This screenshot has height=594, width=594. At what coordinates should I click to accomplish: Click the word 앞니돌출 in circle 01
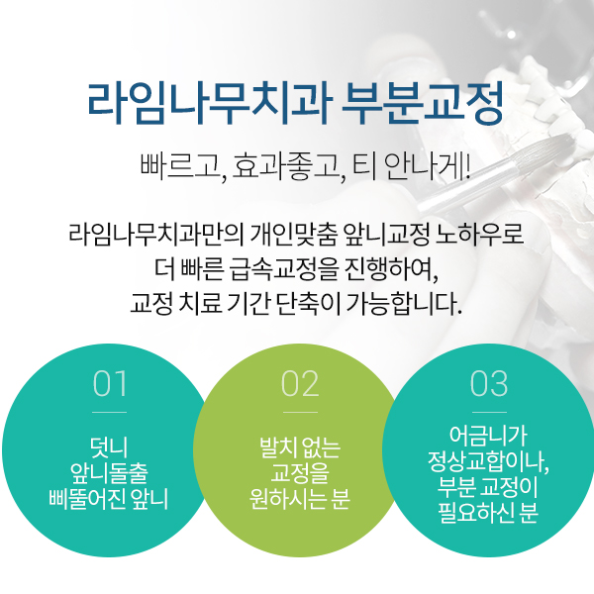coord(109,470)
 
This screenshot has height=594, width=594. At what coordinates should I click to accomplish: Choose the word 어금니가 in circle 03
coord(489,436)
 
